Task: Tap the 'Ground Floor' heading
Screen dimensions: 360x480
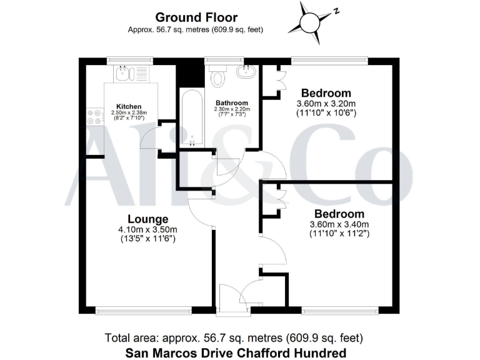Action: click(196, 17)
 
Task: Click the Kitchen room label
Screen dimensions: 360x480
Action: click(129, 107)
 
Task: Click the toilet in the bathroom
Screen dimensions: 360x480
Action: click(218, 77)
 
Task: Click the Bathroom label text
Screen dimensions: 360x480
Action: click(232, 103)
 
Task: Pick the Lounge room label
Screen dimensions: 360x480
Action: click(148, 219)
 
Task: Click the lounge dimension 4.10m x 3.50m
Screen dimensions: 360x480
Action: click(148, 229)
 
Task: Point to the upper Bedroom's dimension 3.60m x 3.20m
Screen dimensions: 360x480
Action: click(325, 104)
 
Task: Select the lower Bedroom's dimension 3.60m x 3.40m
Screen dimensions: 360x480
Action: click(339, 225)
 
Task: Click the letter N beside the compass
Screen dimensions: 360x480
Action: click(336, 11)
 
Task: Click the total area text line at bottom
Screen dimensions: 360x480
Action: click(234, 338)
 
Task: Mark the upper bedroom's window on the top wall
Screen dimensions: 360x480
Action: click(329, 61)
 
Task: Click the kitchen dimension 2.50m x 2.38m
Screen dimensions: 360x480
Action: click(129, 113)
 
